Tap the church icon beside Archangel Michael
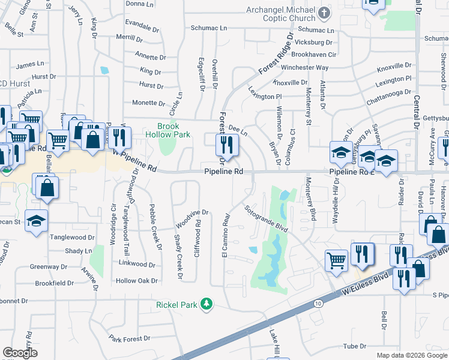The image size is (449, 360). tap(324, 13)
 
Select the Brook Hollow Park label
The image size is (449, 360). tap(173, 130)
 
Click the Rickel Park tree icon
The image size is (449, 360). tap(206, 304)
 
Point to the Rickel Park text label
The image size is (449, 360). tap(177, 305)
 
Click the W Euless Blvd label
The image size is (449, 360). tap(362, 281)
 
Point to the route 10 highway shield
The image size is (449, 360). tap(316, 304)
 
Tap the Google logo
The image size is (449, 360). tap(20, 352)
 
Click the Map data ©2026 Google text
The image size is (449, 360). tap(412, 355)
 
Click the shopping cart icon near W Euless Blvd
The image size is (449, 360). tap(337, 260)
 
